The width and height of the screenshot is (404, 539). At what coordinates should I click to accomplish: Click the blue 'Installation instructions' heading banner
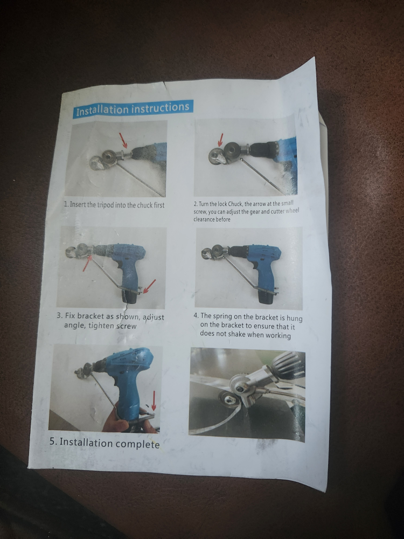[x=132, y=109]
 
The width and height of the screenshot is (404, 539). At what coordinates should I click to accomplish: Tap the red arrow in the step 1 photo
[x=123, y=142]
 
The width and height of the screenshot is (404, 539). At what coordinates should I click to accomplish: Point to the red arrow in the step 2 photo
[x=220, y=140]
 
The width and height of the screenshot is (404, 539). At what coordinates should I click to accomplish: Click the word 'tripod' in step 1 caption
[x=109, y=205]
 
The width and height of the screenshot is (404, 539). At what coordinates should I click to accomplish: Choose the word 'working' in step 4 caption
[x=277, y=335]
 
